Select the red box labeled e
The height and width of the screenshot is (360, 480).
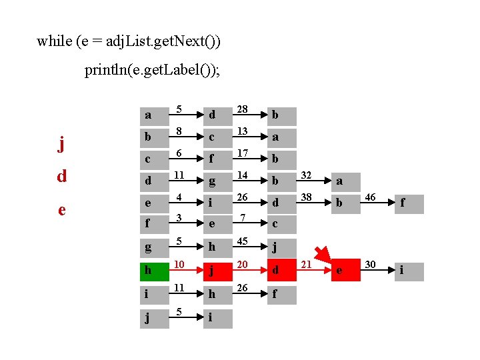click(x=346, y=271)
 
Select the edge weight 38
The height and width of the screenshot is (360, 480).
click(x=307, y=198)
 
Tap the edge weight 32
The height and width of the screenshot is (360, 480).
click(x=307, y=175)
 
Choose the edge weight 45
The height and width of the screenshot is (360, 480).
click(x=244, y=241)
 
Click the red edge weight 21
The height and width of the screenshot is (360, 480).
click(x=307, y=265)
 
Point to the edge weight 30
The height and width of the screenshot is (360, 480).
click(x=370, y=265)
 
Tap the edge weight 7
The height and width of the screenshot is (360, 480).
click(x=244, y=218)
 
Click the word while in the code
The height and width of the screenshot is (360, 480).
click(x=54, y=41)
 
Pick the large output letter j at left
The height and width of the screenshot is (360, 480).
click(x=61, y=144)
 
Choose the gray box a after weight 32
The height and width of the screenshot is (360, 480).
click(x=346, y=181)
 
